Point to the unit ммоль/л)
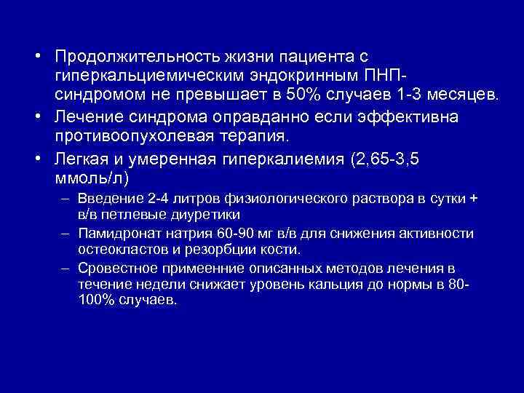coord(91,177)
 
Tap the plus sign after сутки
coord(474,200)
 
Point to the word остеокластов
coord(115,249)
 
